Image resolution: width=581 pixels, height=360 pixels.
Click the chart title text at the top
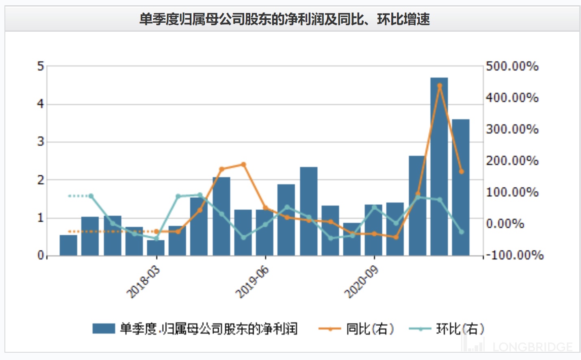[284, 19]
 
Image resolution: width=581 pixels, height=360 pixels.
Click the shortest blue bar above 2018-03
[156, 247]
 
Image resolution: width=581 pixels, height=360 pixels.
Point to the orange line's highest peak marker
[439, 86]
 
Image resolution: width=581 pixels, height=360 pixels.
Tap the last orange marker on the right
[461, 171]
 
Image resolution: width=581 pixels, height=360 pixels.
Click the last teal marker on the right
[461, 232]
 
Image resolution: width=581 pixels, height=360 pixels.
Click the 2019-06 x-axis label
[252, 282]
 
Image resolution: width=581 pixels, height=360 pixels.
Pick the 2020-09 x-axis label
[361, 282]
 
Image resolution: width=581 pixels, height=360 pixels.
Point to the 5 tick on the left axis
[40, 66]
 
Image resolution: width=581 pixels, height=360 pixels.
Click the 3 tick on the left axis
[40, 142]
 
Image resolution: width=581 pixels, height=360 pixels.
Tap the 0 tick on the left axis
[40, 255]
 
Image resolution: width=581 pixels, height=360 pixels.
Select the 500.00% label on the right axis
[512, 66]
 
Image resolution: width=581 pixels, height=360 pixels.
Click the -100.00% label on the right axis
[514, 255]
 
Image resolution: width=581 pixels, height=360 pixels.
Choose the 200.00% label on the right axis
[512, 160]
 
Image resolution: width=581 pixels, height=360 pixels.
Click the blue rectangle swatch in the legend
[104, 328]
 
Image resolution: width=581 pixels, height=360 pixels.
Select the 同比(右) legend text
[370, 328]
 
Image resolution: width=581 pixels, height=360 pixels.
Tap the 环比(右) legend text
[460, 328]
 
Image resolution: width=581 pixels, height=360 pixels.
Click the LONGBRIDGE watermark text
[532, 347]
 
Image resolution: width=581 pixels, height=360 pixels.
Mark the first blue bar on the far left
[68, 245]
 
